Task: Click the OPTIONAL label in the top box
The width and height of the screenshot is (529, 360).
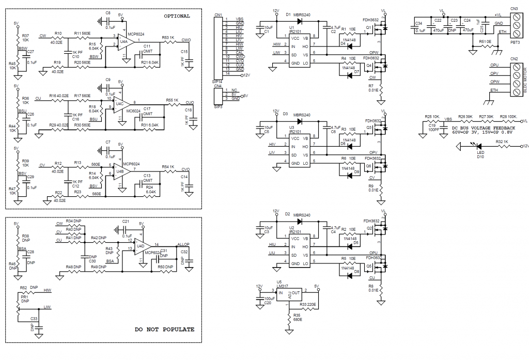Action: pos(177,16)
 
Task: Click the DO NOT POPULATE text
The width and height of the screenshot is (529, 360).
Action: pos(164,329)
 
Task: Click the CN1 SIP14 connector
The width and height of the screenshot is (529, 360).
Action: pos(217,46)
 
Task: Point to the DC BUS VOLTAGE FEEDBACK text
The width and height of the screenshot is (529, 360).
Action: pos(484,128)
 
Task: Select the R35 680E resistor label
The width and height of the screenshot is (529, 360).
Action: pos(297,317)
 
